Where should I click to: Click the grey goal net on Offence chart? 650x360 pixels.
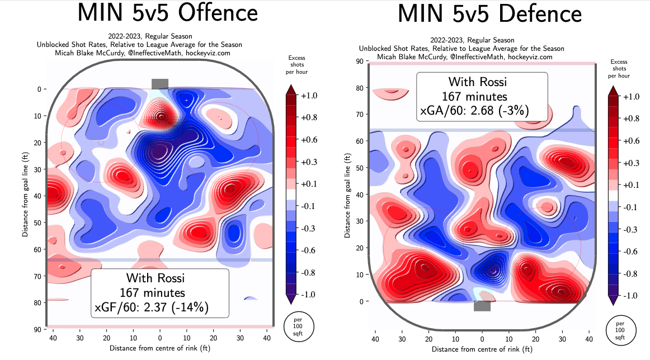[x=159, y=83]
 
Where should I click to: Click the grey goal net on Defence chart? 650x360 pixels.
[x=482, y=306]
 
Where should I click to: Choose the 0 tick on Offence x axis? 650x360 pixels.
[x=160, y=338]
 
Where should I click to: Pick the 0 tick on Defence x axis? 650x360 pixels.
[x=482, y=339]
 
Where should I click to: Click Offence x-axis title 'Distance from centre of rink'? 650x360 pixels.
[x=160, y=348]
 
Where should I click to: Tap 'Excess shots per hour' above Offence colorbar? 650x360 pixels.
[x=296, y=65]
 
